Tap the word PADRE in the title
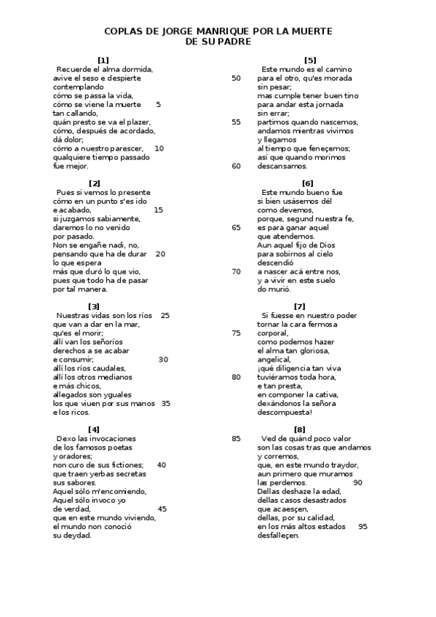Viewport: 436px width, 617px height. [234, 42]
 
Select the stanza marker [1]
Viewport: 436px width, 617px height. [103, 60]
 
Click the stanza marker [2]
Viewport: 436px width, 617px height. [94, 183]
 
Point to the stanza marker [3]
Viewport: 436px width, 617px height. [94, 306]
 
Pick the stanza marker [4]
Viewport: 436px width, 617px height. [94, 429]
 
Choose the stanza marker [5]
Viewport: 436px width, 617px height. [310, 60]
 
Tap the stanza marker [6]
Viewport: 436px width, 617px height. [307, 183]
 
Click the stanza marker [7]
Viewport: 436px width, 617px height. [299, 306]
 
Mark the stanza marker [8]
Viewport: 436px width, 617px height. [299, 429]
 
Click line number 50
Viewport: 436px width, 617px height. [236, 78]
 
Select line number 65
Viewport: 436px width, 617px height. [236, 227]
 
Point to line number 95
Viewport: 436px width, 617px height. [362, 526]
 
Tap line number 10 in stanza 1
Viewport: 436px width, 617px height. [159, 148]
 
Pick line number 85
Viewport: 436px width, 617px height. [236, 438]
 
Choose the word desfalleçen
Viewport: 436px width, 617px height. [278, 535]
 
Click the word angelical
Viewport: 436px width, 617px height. [274, 359]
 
